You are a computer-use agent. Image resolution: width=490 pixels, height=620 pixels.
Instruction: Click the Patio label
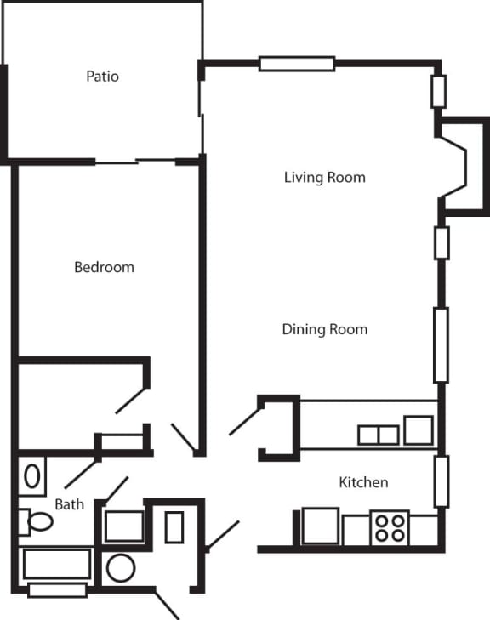[x=102, y=77]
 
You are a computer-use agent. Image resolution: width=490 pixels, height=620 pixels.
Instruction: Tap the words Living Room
[x=324, y=178]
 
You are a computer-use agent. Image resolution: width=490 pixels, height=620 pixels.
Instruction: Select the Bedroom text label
[x=104, y=267]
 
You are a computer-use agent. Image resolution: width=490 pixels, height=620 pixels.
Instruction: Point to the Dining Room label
[x=324, y=329]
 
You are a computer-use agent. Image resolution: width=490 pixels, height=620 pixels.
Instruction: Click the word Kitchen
[x=363, y=483]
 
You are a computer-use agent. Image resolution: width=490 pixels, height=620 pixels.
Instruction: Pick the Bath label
[x=69, y=504]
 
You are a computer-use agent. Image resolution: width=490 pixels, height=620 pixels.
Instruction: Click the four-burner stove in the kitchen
[x=390, y=527]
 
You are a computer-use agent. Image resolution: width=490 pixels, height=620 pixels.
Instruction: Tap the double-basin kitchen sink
[x=378, y=435]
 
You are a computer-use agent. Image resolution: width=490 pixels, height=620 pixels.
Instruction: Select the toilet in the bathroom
[x=36, y=521]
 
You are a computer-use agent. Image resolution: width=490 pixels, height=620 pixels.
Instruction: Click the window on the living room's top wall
[x=297, y=63]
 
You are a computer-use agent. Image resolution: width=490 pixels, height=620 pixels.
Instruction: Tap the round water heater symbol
[x=120, y=568]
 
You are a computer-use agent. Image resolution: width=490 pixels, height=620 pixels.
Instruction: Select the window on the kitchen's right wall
[x=441, y=481]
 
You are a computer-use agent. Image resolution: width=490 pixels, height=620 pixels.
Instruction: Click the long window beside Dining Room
[x=441, y=344]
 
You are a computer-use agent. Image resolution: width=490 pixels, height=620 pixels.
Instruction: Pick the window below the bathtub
[x=57, y=590]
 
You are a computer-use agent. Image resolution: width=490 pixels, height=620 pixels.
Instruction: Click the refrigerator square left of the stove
[x=321, y=526]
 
